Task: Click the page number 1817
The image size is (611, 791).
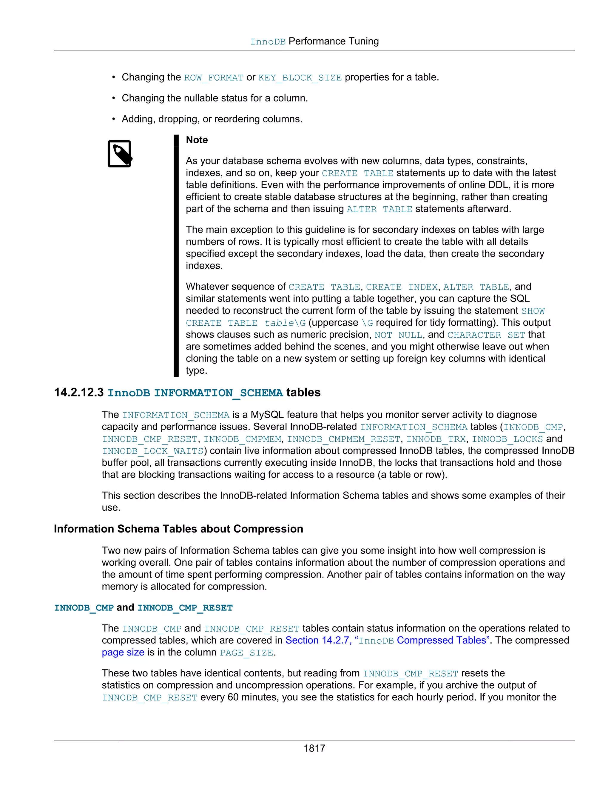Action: point(314,748)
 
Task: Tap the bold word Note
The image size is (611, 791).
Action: point(197,140)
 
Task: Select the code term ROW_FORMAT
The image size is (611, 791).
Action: point(214,78)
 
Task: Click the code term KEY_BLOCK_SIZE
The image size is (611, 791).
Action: point(300,78)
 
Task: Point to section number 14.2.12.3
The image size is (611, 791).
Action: point(78,393)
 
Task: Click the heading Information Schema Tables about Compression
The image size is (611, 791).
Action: point(178,529)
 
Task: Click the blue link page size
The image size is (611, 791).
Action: point(123,652)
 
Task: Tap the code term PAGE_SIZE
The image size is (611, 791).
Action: point(246,653)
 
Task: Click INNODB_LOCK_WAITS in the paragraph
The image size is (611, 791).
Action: point(152,451)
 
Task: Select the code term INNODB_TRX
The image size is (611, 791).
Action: point(436,439)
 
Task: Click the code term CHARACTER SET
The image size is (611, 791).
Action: point(486,335)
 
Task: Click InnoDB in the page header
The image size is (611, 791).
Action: point(268,42)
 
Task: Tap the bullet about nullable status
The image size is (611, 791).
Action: point(215,98)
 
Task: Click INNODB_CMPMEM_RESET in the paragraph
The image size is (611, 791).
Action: point(343,439)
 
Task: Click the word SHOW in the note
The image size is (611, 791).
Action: point(533,311)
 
